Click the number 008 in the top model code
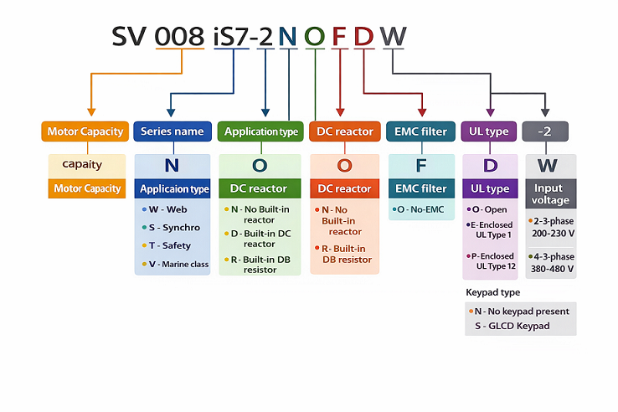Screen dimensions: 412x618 (180, 37)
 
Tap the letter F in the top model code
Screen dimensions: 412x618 (339, 37)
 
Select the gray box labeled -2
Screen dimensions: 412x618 (545, 131)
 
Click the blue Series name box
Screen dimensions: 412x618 (172, 131)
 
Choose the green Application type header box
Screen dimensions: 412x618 (260, 131)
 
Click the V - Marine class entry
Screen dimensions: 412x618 (178, 264)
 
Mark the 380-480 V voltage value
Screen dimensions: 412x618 (552, 269)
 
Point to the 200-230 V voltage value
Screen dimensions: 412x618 (552, 234)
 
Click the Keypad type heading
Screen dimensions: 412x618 (492, 292)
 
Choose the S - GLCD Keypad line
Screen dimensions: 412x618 (512, 325)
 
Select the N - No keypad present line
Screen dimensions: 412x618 (521, 311)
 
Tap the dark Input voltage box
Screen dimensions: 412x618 (550, 194)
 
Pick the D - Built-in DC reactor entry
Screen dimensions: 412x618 (260, 238)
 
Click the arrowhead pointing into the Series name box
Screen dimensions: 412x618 (171, 113)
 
